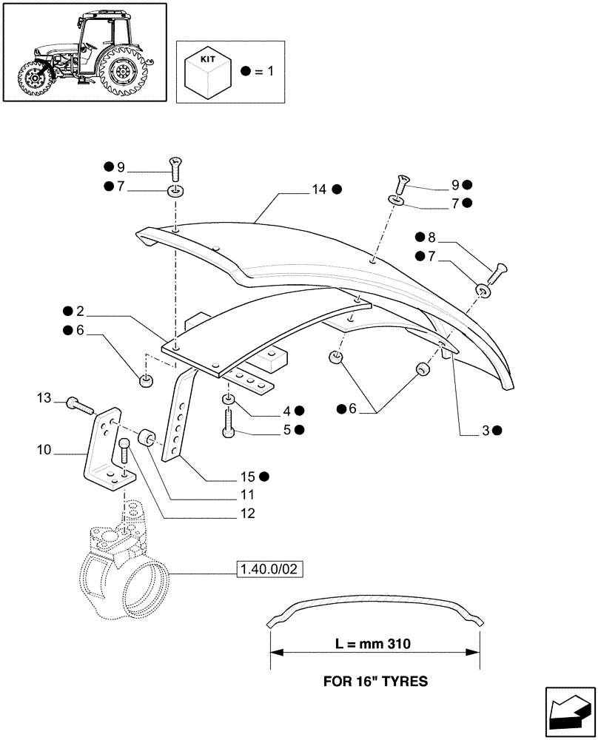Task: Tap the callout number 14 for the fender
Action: point(318,189)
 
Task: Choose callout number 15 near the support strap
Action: point(246,477)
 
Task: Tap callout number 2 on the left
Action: point(79,311)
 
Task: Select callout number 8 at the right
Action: point(431,238)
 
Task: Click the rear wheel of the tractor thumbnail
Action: point(124,73)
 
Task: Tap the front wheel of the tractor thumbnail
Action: point(33,78)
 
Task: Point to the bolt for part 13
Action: point(78,404)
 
